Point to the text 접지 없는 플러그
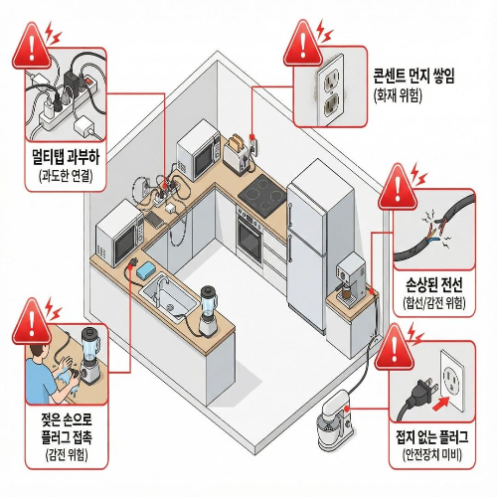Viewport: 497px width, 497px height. pos(431,437)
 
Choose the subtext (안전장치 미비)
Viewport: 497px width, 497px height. pos(431,456)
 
